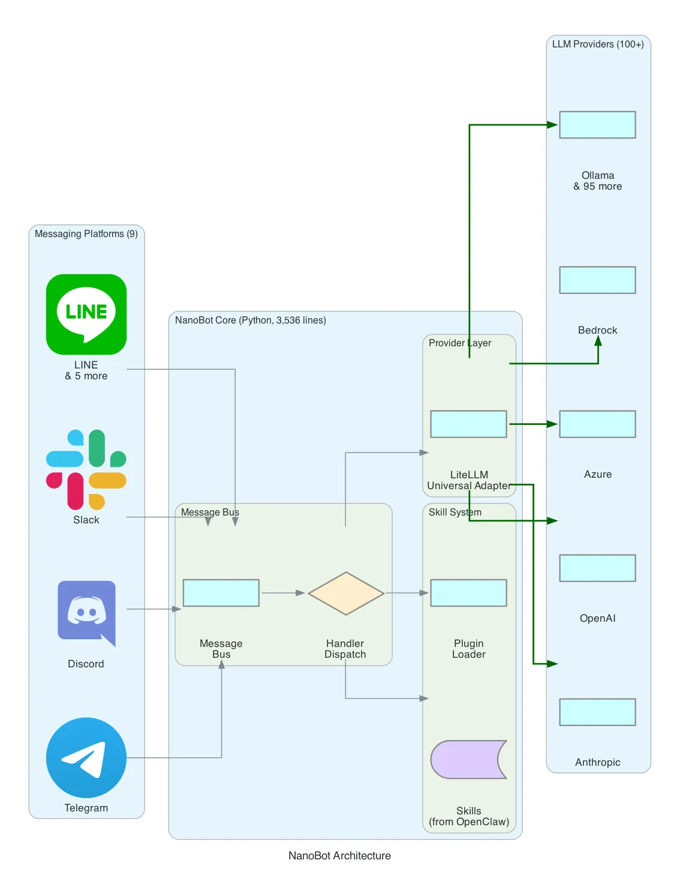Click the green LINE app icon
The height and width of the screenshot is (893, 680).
86,314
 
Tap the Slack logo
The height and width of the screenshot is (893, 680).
86,469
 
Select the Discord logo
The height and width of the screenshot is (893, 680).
86,613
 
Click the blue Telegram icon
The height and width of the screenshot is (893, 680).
86,757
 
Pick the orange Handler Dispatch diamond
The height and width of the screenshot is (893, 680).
345,593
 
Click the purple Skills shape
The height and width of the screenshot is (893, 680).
468,759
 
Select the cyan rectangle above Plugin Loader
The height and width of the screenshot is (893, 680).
468,593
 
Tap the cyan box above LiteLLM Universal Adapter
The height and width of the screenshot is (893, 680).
468,424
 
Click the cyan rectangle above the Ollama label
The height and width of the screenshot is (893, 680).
597,125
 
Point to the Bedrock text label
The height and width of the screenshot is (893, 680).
597,330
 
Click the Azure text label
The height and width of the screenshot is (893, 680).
597,474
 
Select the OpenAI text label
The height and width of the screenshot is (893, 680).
597,618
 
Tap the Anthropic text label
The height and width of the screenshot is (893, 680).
597,762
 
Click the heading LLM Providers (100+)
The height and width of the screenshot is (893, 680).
597,44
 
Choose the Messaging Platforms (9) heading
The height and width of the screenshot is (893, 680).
86,234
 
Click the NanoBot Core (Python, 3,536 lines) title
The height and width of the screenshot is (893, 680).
250,320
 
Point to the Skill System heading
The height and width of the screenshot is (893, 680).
455,512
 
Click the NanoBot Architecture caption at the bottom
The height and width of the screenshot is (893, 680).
339,856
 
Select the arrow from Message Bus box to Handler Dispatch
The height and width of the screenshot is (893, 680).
283,593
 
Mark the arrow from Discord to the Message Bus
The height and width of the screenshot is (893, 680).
154,609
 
